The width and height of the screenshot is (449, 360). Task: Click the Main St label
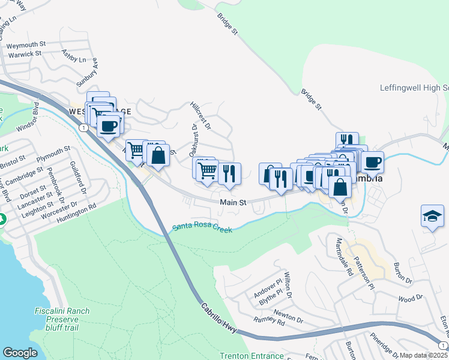pos(233,203)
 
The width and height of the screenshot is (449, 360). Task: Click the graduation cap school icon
pos(432,217)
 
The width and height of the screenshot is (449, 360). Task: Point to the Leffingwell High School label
pos(414,88)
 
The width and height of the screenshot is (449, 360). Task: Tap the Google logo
pos(20,353)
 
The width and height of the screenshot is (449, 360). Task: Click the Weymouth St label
pos(26,44)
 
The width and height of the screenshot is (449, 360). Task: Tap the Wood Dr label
pos(411,298)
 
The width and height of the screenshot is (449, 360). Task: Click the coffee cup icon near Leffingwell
pos(372,161)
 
